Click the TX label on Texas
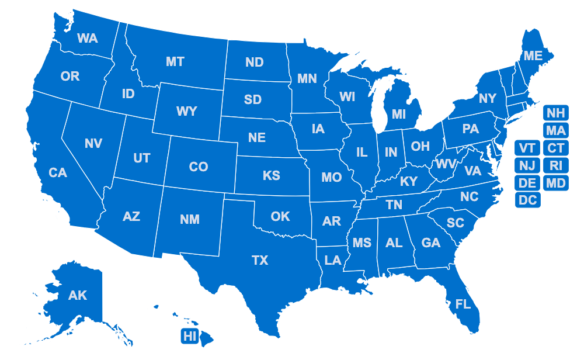(x=260, y=260)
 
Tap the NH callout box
(x=556, y=113)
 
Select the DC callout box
(x=528, y=200)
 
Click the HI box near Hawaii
(x=190, y=336)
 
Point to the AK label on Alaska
(x=78, y=295)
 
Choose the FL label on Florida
(x=463, y=304)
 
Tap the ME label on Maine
(x=533, y=56)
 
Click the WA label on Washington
(x=88, y=39)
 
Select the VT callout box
(x=528, y=148)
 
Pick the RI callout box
(x=556, y=165)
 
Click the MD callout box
(x=556, y=183)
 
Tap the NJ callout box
(x=528, y=165)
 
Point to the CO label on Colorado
(x=199, y=167)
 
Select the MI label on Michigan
(x=399, y=115)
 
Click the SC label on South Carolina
(x=455, y=223)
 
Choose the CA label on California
(x=58, y=173)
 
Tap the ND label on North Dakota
(x=255, y=63)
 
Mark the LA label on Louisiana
(x=333, y=260)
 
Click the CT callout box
(x=556, y=148)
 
